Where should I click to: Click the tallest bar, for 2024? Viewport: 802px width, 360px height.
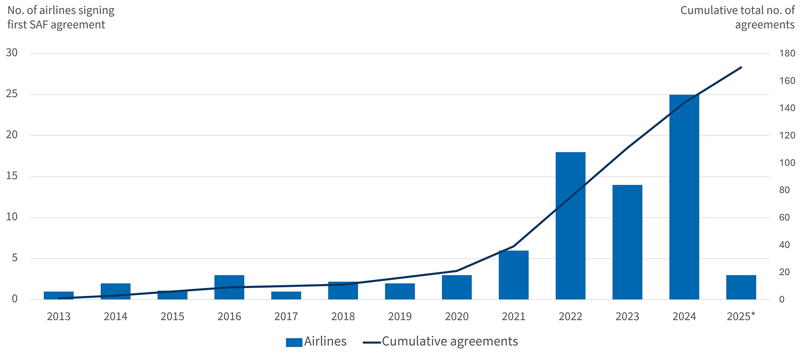684,196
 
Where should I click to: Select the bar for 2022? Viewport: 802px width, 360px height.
570,225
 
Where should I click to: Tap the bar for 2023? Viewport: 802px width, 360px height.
627,242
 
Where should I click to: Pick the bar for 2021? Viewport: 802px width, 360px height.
513,275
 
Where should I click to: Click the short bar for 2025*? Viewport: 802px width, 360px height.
741,287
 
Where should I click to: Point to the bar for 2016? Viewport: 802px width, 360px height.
229,287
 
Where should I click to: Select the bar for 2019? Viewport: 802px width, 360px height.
400,291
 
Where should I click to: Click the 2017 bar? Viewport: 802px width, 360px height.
286,295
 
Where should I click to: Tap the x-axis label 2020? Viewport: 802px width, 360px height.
456,317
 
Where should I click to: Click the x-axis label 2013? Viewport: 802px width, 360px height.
59,317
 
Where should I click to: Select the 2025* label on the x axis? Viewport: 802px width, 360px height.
741,317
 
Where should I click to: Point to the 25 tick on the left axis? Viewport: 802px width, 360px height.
12,94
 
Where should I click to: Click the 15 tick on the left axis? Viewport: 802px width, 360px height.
12,176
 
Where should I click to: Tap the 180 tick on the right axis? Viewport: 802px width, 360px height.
787,53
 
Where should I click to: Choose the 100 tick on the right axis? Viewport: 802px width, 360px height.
787,163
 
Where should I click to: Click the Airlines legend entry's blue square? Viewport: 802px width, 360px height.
294,342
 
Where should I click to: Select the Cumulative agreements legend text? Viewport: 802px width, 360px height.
450,342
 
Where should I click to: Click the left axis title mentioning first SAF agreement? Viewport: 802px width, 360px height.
61,17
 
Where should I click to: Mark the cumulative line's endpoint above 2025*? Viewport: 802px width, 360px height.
741,67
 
